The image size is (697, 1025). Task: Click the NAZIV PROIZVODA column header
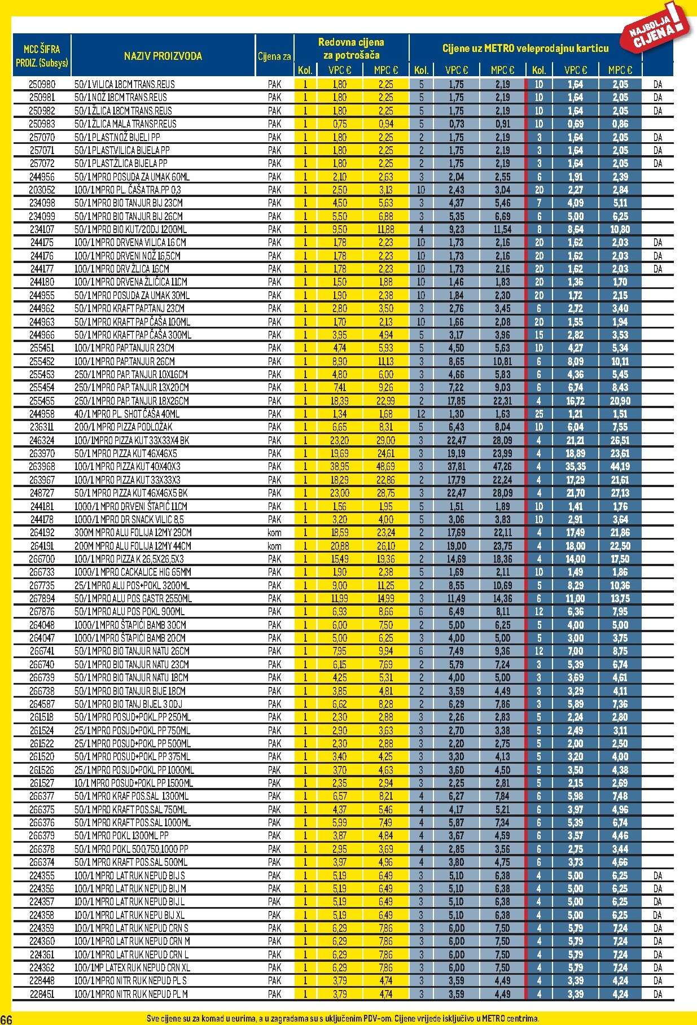click(x=163, y=56)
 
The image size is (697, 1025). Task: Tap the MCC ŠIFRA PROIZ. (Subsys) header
click(x=42, y=55)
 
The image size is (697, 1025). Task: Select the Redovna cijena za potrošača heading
click(x=351, y=49)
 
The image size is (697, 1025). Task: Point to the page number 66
click(x=6, y=1019)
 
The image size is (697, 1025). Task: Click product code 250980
click(x=42, y=84)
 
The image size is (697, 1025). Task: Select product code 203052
click(x=42, y=190)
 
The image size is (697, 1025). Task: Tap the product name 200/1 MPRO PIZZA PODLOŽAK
click(x=124, y=427)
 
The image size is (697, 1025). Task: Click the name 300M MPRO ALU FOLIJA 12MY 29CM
click(x=133, y=532)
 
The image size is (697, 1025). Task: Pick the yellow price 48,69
click(x=385, y=467)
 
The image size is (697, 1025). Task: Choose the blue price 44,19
click(x=620, y=467)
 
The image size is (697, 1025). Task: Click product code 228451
click(x=42, y=994)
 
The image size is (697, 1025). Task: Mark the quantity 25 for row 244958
click(x=539, y=414)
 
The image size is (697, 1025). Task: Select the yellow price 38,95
click(x=339, y=467)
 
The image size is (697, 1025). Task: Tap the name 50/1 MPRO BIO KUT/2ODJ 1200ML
click(x=130, y=229)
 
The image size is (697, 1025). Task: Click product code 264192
click(x=42, y=532)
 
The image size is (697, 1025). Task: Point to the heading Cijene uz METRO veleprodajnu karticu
click(x=525, y=49)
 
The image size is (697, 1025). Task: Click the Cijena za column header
click(x=274, y=56)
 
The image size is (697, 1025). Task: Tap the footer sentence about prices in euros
click(x=343, y=1019)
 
